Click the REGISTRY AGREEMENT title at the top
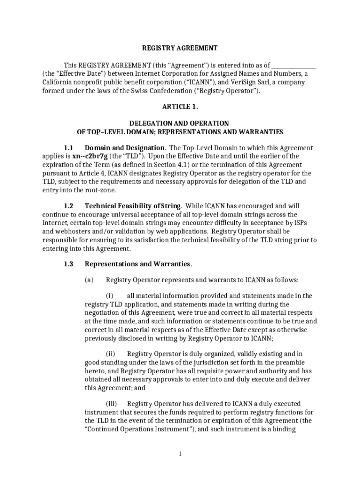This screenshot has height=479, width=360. [x=180, y=48]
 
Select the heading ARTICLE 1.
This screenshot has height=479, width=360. [x=180, y=107]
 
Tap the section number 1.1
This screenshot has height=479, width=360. [x=69, y=148]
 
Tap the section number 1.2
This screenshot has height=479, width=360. [x=69, y=206]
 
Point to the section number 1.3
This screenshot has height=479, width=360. [x=69, y=264]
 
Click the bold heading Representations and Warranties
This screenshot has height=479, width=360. [x=137, y=264]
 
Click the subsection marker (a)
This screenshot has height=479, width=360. [x=89, y=280]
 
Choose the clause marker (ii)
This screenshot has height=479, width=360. [x=110, y=354]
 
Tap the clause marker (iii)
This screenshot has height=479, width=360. [x=111, y=404]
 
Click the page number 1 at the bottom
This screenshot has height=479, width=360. [x=180, y=454]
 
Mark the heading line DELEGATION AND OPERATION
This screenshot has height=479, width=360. [x=180, y=123]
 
